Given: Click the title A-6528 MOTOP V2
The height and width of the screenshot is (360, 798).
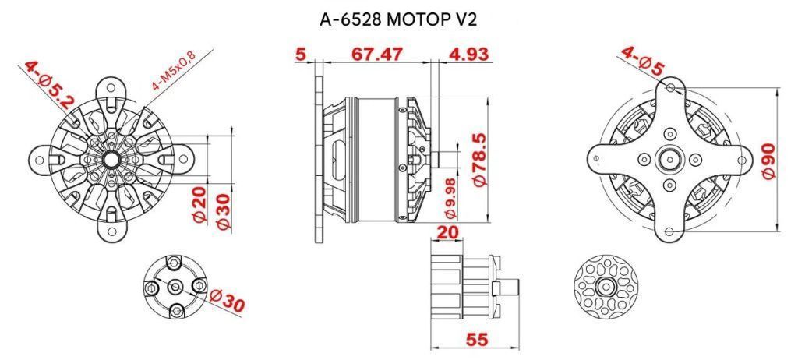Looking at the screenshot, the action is pos(398,19).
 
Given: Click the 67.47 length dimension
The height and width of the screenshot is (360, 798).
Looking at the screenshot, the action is pos(377,54).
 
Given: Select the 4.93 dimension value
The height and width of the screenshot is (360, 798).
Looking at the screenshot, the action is pos(468,54).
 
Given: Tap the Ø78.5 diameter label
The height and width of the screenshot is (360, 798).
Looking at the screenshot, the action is pos(480,160).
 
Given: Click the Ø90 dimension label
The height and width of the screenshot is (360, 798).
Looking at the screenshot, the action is pos(768,161).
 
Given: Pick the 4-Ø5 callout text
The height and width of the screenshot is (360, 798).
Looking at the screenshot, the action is pos(643,61).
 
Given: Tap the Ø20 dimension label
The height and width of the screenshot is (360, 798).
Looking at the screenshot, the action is pos(200,204).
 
